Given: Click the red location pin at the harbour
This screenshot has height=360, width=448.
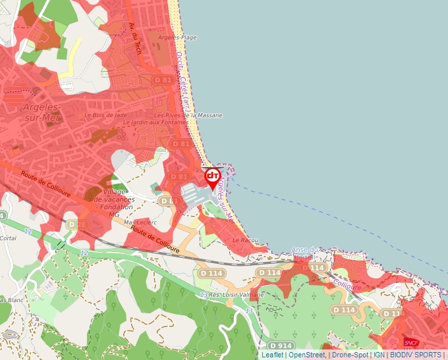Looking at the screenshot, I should coord(213,178).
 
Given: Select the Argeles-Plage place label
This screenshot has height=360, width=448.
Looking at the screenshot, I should coord(173,38).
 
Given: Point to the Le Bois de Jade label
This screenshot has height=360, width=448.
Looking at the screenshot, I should coord(105,115).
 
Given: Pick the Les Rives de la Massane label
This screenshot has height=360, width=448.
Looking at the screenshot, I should coord(188,115).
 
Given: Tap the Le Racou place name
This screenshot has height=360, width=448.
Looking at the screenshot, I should coord(245,240).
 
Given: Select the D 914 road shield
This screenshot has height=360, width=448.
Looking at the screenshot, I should coord(281,346).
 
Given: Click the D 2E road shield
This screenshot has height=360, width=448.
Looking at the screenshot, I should coord(77,224).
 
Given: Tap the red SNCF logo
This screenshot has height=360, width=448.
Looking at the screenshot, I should coord(411,342).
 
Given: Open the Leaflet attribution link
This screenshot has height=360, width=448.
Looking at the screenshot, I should coord(272,355).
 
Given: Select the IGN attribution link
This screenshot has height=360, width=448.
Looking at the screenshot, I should coord(379,355).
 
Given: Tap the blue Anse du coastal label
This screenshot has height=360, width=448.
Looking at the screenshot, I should coord(305,250).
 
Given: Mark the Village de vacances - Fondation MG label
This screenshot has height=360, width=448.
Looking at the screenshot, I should coord(115,203).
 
